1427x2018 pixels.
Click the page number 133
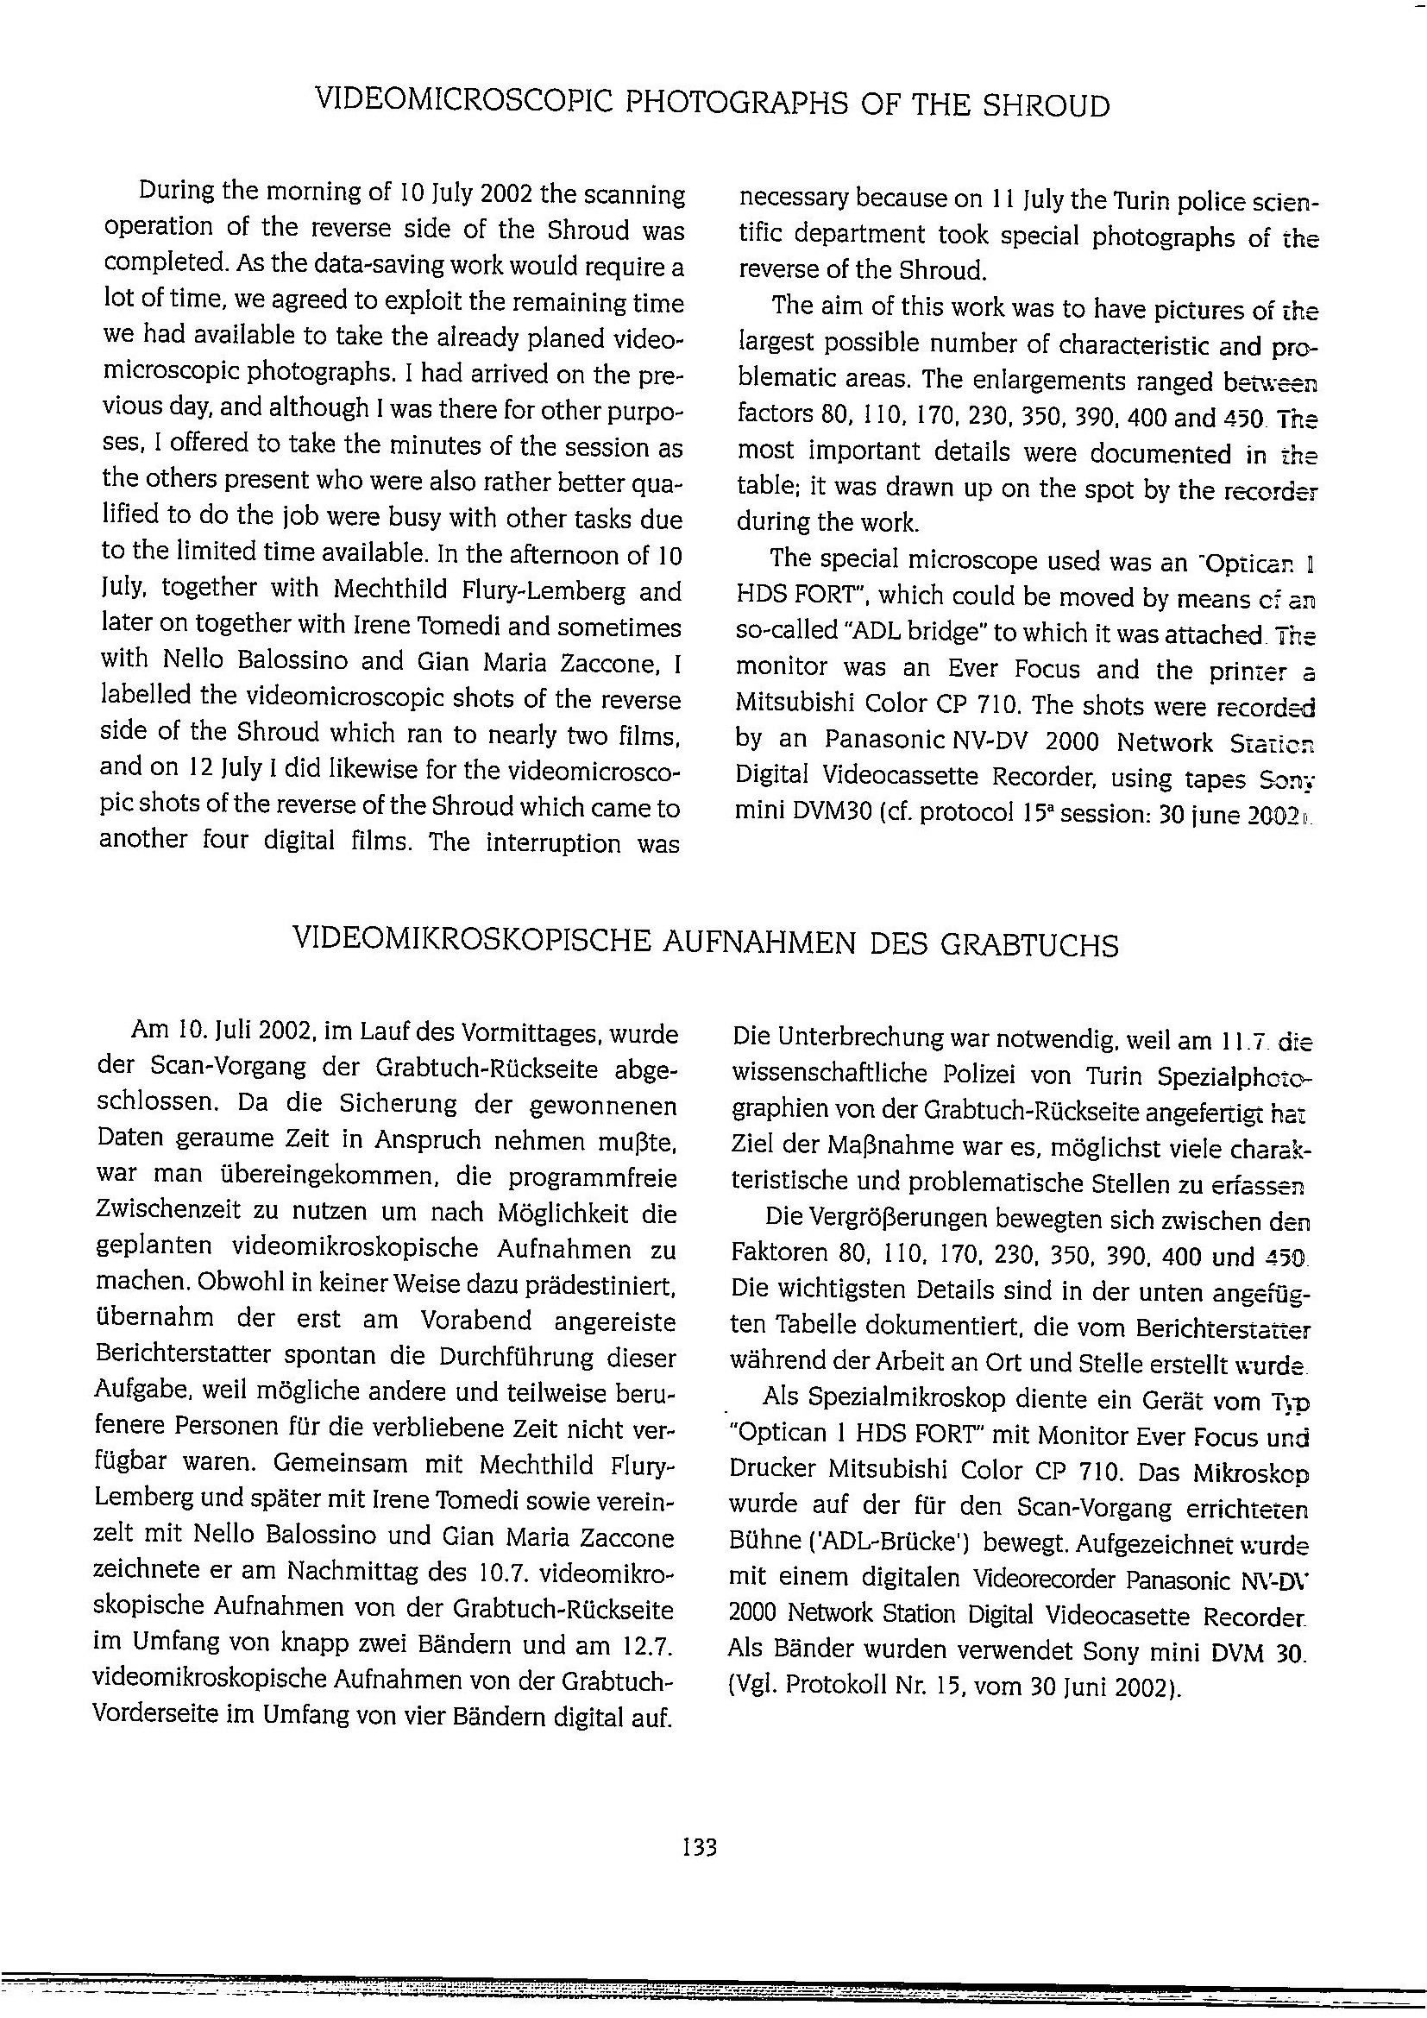pos(700,1846)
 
